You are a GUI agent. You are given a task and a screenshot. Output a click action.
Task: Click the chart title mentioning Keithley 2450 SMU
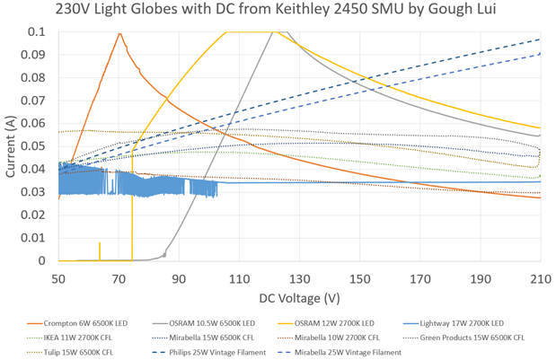[277, 11]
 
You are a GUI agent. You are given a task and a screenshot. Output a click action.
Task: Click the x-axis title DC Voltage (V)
[298, 297]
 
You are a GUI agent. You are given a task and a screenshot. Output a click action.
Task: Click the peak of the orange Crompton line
[119, 33]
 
